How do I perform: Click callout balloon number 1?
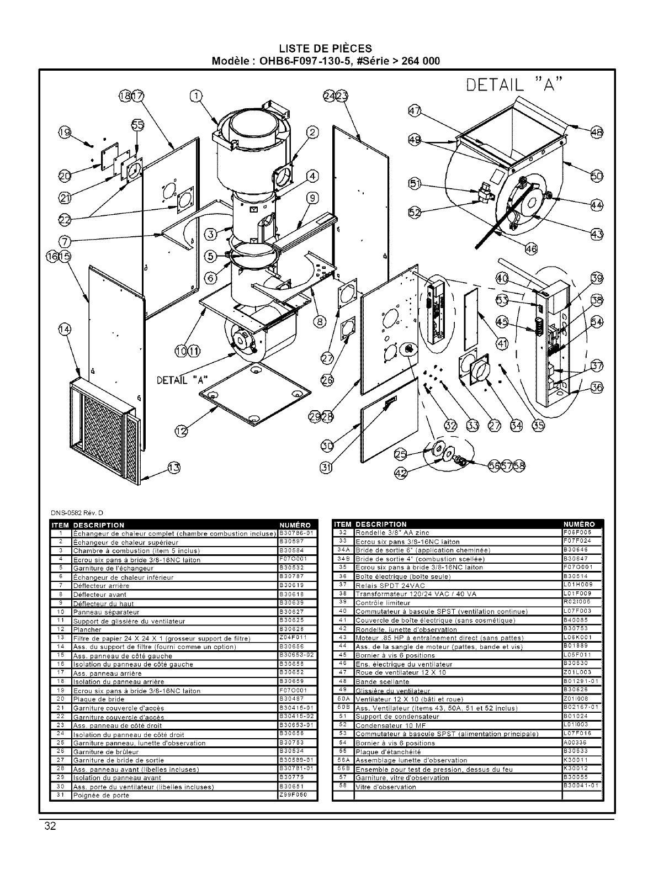[x=195, y=97]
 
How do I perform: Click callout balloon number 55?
[x=137, y=126]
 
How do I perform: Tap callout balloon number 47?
[x=414, y=110]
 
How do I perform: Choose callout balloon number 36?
[x=597, y=387]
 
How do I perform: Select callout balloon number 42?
[x=401, y=472]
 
